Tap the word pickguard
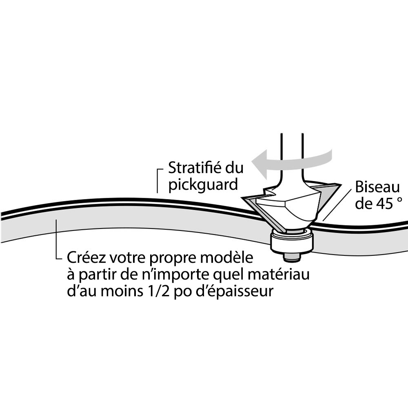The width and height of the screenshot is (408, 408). tap(203, 184)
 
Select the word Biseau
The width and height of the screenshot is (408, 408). tap(377, 187)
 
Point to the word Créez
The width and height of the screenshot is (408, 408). tap(83, 258)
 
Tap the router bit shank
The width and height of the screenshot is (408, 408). tap(292, 151)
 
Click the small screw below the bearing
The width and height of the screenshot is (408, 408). tap(292, 257)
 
